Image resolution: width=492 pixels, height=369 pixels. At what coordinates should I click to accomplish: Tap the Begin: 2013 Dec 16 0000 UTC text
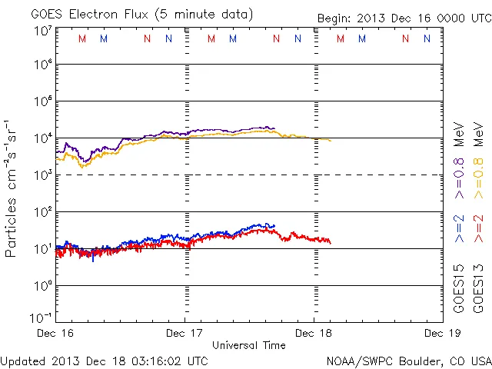tap(404, 18)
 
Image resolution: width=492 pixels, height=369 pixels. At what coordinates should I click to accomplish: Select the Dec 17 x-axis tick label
tap(185, 333)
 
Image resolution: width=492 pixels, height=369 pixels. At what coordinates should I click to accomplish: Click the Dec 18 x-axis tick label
tap(314, 333)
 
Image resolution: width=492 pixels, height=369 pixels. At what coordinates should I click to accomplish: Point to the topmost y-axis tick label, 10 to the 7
tap(43, 30)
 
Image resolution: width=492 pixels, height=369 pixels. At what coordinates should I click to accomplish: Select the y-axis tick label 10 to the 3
tap(43, 175)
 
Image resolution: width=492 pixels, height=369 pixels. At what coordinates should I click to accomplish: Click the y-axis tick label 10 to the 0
tap(43, 285)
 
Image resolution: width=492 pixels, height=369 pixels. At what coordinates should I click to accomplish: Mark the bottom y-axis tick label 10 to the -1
tap(42, 317)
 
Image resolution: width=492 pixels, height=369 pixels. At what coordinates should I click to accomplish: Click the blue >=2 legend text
tap(459, 228)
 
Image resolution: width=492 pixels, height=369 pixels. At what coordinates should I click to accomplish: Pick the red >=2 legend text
tap(478, 228)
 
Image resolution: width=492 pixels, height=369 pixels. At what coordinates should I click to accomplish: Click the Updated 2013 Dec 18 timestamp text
tap(104, 360)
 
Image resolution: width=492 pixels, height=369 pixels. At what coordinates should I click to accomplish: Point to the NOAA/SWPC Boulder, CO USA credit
tap(408, 360)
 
